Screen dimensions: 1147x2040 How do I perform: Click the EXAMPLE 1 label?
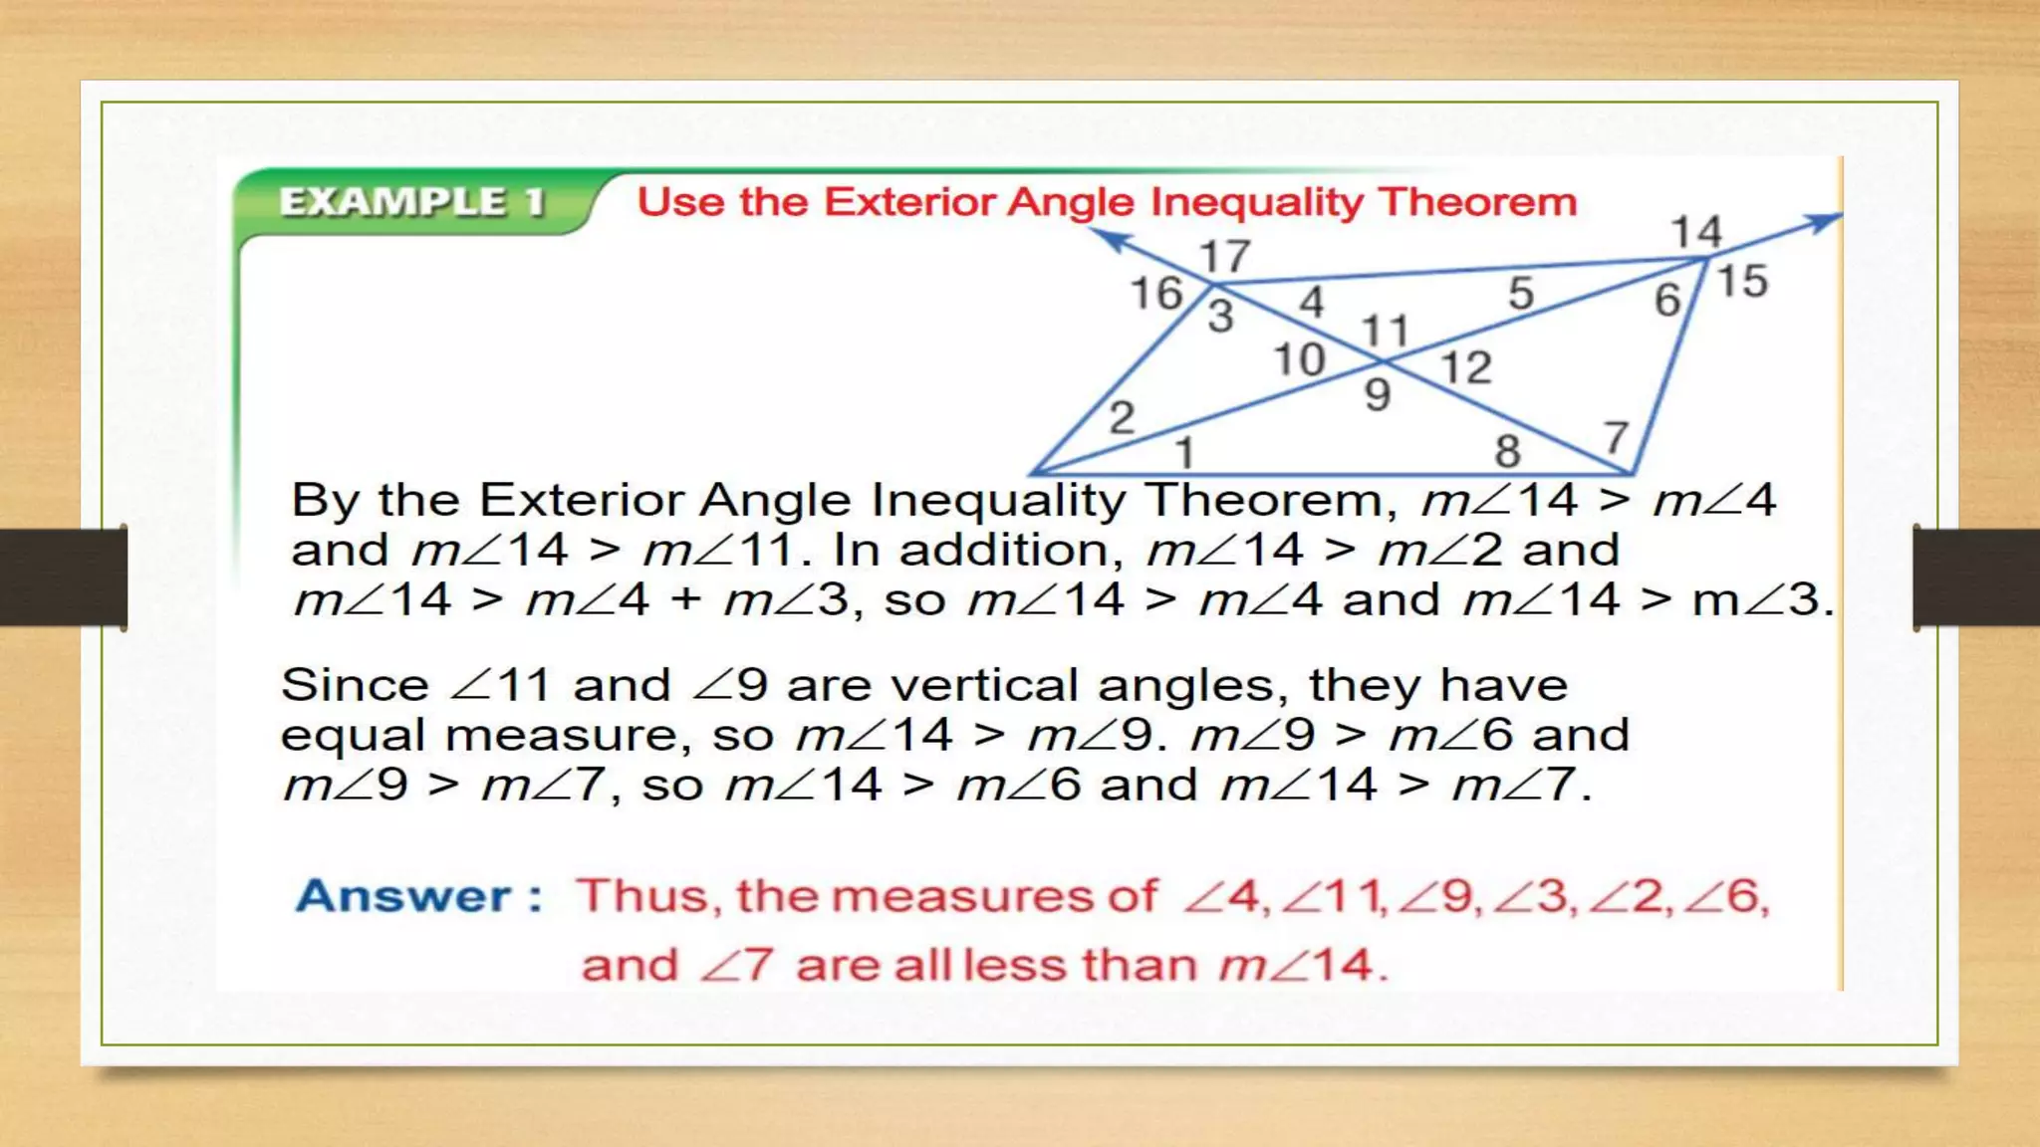click(411, 202)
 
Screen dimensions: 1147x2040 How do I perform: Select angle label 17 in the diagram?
click(1224, 257)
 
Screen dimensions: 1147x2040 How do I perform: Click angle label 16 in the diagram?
click(1155, 294)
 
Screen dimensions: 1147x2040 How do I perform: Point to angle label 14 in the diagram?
click(1695, 232)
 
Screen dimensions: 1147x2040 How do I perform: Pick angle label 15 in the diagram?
click(1742, 281)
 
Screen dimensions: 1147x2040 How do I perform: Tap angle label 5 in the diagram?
click(1520, 294)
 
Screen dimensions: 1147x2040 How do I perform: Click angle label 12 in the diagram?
click(1466, 368)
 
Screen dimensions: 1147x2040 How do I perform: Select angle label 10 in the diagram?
click(1299, 359)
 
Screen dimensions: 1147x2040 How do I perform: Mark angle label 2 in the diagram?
click(1122, 417)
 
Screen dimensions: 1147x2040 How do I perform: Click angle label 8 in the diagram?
click(1507, 452)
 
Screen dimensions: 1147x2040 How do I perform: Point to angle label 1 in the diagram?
click(1184, 454)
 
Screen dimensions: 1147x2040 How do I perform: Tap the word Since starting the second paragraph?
click(355, 685)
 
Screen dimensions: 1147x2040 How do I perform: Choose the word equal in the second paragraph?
click(355, 736)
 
